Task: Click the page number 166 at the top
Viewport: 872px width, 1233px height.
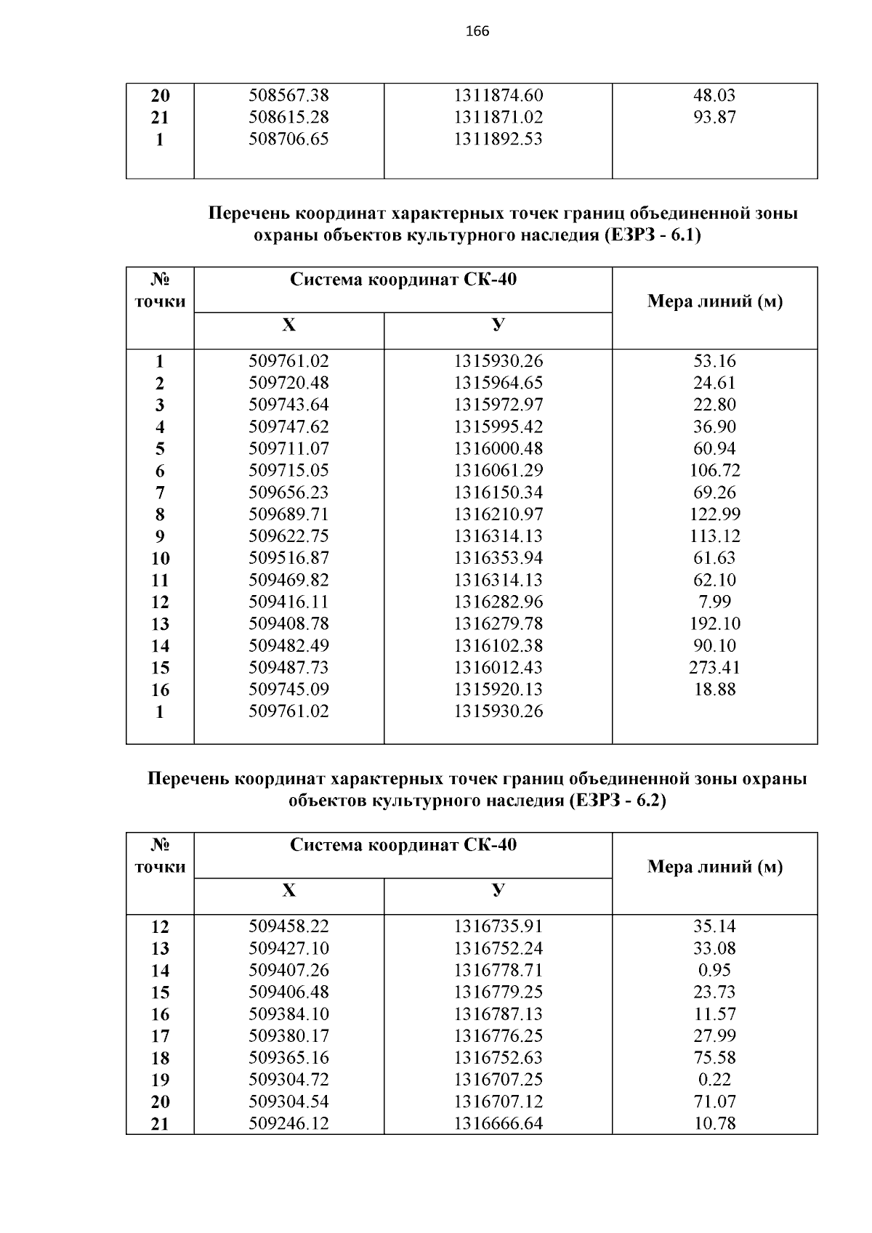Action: click(x=477, y=31)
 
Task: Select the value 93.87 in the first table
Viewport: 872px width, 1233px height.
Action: click(x=714, y=117)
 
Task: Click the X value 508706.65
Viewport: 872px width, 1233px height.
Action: click(x=288, y=139)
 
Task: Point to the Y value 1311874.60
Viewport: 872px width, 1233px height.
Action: click(x=498, y=95)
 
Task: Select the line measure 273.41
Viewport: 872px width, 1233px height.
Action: click(x=714, y=667)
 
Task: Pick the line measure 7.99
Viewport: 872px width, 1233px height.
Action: click(x=714, y=602)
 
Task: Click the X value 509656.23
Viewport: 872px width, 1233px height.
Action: click(x=288, y=492)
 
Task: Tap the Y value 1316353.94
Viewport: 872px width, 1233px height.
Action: click(x=498, y=557)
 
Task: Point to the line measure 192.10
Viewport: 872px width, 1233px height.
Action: click(x=714, y=623)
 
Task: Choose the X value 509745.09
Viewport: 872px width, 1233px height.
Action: click(x=288, y=689)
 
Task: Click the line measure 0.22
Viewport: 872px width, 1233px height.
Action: click(x=714, y=1079)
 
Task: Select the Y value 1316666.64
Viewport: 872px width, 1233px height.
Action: click(x=498, y=1123)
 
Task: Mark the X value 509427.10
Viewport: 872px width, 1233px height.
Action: click(x=288, y=948)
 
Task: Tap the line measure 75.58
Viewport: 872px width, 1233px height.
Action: click(x=714, y=1057)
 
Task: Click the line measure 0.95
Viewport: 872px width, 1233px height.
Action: click(x=714, y=970)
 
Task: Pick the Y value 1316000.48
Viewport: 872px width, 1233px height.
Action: click(x=498, y=448)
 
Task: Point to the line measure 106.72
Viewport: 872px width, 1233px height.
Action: click(x=714, y=470)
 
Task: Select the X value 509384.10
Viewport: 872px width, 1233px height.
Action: click(x=288, y=1014)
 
